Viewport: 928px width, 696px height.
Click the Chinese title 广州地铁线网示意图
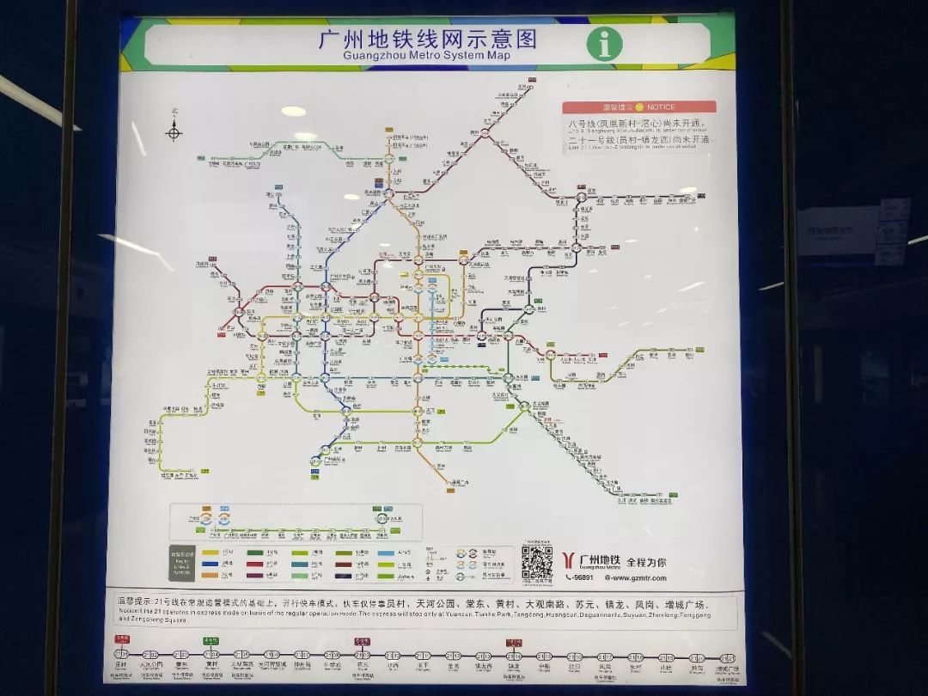(427, 39)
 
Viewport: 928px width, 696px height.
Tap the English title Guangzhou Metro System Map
(426, 56)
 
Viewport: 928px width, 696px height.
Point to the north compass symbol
(174, 131)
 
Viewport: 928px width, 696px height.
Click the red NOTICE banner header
(639, 107)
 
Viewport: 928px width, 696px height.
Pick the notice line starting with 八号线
(639, 125)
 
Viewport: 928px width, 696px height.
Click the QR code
(537, 563)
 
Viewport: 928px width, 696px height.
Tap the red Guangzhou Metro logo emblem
(568, 561)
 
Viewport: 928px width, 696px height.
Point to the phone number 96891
(580, 577)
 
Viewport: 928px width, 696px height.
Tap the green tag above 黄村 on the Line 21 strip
(211, 641)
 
